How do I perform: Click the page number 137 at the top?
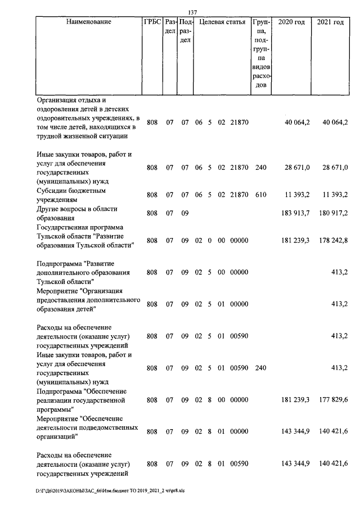(x=191, y=12)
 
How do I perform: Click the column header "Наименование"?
(x=88, y=22)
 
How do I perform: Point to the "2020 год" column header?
(x=291, y=22)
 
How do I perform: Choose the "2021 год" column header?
(x=330, y=22)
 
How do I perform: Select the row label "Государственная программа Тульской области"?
(x=85, y=236)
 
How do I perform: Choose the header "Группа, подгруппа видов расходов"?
(x=259, y=53)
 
